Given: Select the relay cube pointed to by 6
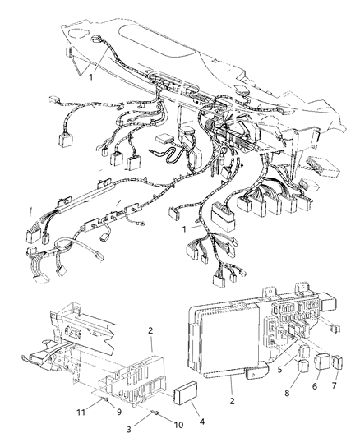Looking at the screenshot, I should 316,360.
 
